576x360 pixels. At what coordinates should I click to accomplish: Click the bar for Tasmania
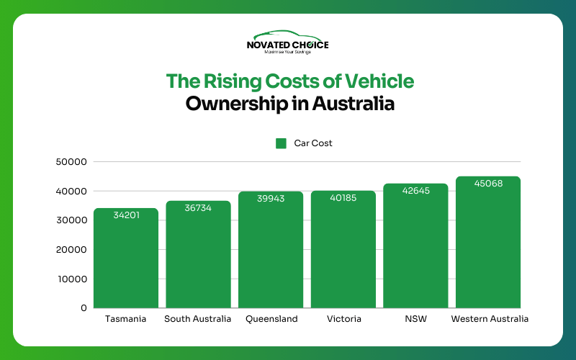(126, 259)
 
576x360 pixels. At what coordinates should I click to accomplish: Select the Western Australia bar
(488, 245)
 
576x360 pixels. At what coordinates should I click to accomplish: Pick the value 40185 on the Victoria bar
(343, 197)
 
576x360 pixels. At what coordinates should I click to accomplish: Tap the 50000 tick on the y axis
(71, 162)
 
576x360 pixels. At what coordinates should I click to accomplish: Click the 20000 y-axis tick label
(71, 250)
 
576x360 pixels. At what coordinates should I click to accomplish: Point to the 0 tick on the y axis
(84, 308)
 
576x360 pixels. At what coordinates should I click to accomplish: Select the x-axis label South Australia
(198, 319)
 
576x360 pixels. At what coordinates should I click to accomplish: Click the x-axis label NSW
(415, 319)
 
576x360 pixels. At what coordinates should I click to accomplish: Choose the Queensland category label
(271, 319)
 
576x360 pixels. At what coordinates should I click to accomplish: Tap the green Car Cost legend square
(282, 143)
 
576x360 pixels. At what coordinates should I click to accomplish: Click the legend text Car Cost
(313, 143)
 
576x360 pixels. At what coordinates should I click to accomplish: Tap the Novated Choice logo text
(287, 45)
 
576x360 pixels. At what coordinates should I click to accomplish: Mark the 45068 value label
(488, 183)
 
